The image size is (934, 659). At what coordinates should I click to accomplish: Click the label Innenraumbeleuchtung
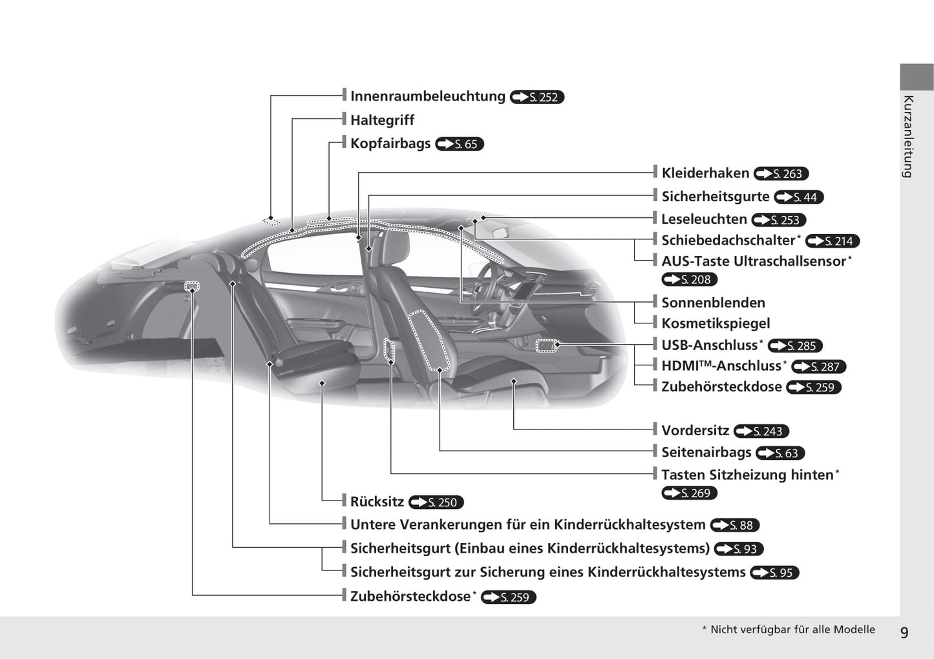point(427,96)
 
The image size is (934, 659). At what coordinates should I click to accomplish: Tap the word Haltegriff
point(383,120)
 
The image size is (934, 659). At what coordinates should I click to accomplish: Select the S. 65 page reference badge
point(460,144)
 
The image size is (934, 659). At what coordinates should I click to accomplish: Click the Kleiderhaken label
point(705,173)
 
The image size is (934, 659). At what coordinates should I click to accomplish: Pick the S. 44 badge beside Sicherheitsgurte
point(799,197)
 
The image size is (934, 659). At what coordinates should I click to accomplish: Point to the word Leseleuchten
point(705,219)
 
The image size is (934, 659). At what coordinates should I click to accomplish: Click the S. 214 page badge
point(833,241)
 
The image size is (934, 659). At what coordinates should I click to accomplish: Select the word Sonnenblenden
point(714,303)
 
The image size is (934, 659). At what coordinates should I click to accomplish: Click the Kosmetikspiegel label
point(716,323)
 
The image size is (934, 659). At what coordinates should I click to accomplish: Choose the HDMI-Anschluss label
point(721,366)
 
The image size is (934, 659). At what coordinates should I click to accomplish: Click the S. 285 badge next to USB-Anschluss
point(795,346)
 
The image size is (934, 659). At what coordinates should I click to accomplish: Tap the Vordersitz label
point(695,431)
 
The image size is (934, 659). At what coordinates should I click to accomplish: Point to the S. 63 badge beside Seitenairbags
point(780,453)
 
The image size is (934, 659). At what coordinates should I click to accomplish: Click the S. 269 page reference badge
point(690,493)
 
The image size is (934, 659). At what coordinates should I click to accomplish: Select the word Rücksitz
point(377,502)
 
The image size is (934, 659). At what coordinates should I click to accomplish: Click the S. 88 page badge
point(735,525)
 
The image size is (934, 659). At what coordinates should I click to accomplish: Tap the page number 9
point(904,632)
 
